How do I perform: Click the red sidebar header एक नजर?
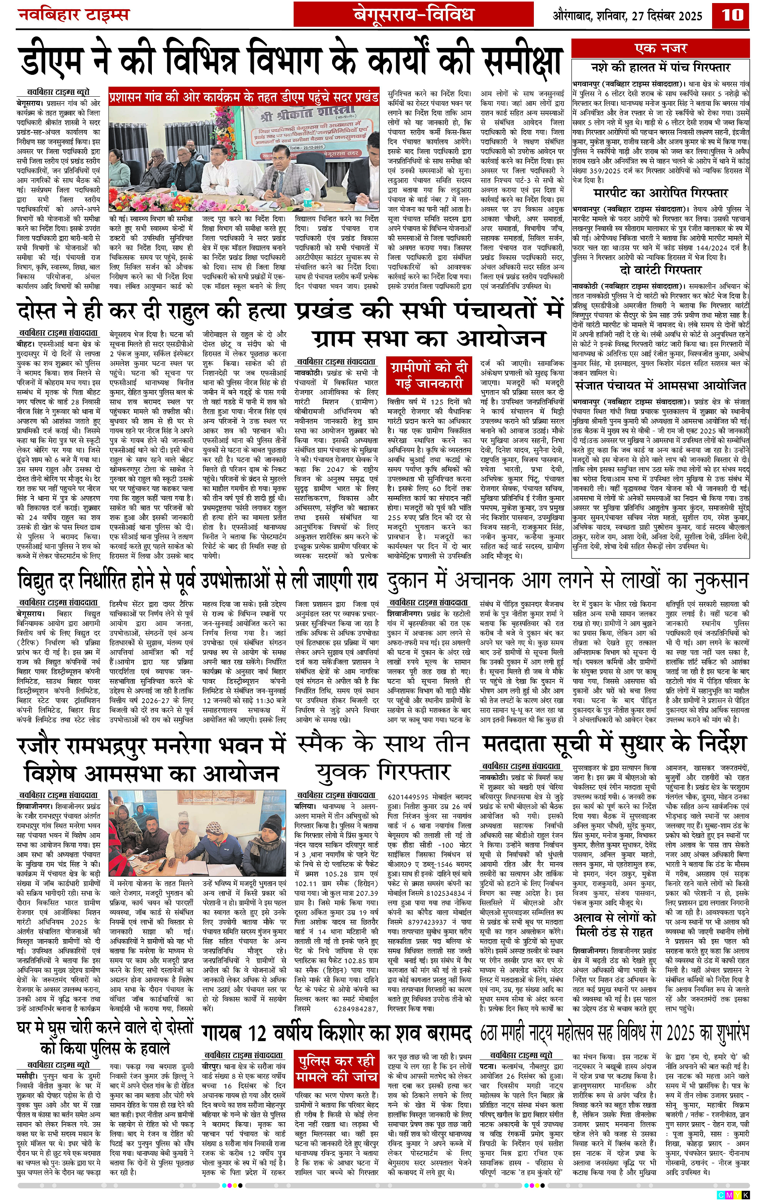click(x=660, y=48)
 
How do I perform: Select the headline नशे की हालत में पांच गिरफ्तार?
click(x=660, y=67)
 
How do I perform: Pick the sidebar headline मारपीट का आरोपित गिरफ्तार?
click(x=660, y=193)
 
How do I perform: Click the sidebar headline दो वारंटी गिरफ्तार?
click(x=660, y=270)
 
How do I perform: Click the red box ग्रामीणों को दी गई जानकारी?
click(x=429, y=375)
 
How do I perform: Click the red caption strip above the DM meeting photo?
click(x=244, y=97)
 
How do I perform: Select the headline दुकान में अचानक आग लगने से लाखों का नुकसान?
click(x=568, y=581)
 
